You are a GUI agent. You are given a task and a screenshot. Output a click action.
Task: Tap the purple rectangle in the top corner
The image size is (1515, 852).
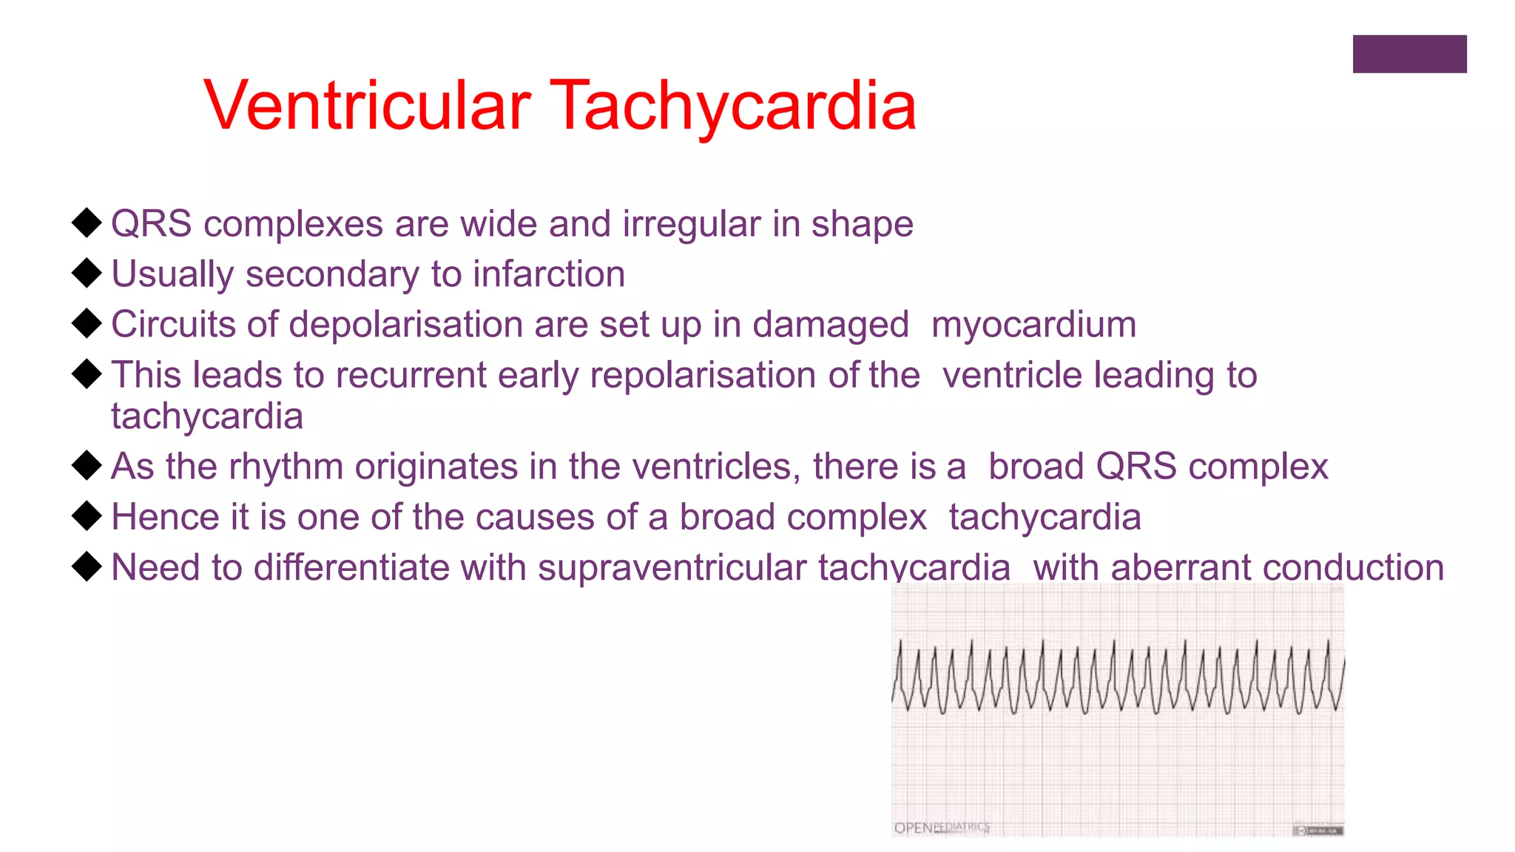(x=1409, y=54)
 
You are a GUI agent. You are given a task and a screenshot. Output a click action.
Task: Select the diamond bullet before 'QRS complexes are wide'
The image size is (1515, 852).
(x=87, y=223)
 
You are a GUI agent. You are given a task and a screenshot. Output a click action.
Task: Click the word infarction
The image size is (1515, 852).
(x=549, y=274)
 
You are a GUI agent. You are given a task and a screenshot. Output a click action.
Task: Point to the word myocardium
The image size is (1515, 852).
(x=1033, y=325)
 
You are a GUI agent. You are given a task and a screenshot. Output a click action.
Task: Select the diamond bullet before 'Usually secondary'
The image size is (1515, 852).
(x=87, y=273)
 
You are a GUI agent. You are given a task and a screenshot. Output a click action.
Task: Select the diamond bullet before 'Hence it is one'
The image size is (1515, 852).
(x=87, y=515)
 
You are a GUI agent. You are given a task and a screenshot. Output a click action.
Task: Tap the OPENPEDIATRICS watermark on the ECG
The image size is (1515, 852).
(x=941, y=828)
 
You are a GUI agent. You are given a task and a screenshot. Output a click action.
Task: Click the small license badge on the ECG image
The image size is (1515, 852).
(x=1317, y=831)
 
